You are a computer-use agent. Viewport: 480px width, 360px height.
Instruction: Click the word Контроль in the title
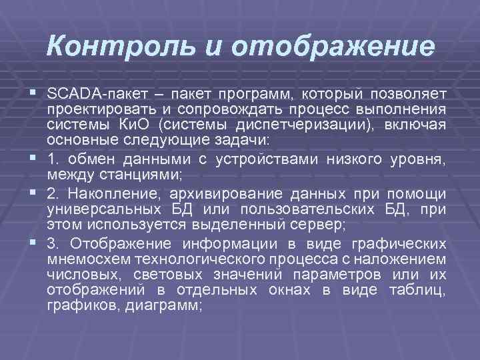click(124, 48)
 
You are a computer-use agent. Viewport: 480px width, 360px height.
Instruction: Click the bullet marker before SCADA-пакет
click(33, 91)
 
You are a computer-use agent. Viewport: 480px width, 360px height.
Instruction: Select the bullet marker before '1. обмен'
click(33, 157)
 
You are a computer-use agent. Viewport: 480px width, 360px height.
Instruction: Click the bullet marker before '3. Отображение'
click(33, 242)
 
